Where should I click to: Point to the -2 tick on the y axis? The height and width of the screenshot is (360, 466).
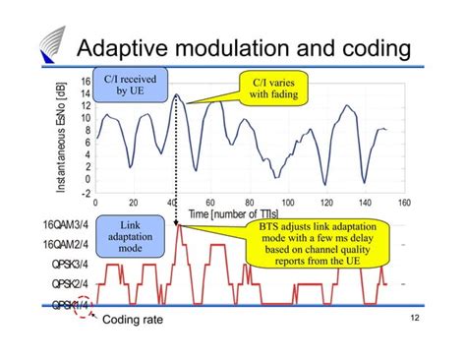pyautogui.click(x=86, y=194)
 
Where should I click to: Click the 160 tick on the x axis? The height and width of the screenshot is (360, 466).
pyautogui.click(x=402, y=202)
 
